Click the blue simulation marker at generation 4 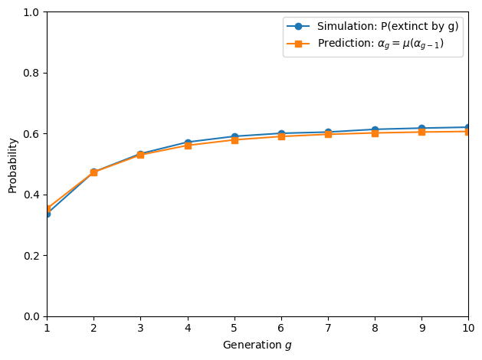tap(188, 142)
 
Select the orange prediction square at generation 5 tap(234, 140)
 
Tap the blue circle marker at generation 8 tap(375, 130)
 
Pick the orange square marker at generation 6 tap(281, 136)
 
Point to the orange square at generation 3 tap(141, 155)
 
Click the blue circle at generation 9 tap(421, 129)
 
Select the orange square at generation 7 tap(328, 134)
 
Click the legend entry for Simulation tap(388, 26)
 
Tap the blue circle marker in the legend tap(298, 26)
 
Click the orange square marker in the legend tap(298, 44)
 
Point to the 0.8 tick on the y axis tap(45, 73)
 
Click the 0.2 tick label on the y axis tap(31, 256)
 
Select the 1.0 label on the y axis tap(31, 12)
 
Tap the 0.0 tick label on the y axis tap(31, 316)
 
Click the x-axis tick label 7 tap(328, 328)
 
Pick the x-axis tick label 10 tap(468, 328)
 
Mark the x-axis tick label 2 tap(93, 328)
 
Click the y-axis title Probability tap(12, 166)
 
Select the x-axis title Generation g tap(257, 345)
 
